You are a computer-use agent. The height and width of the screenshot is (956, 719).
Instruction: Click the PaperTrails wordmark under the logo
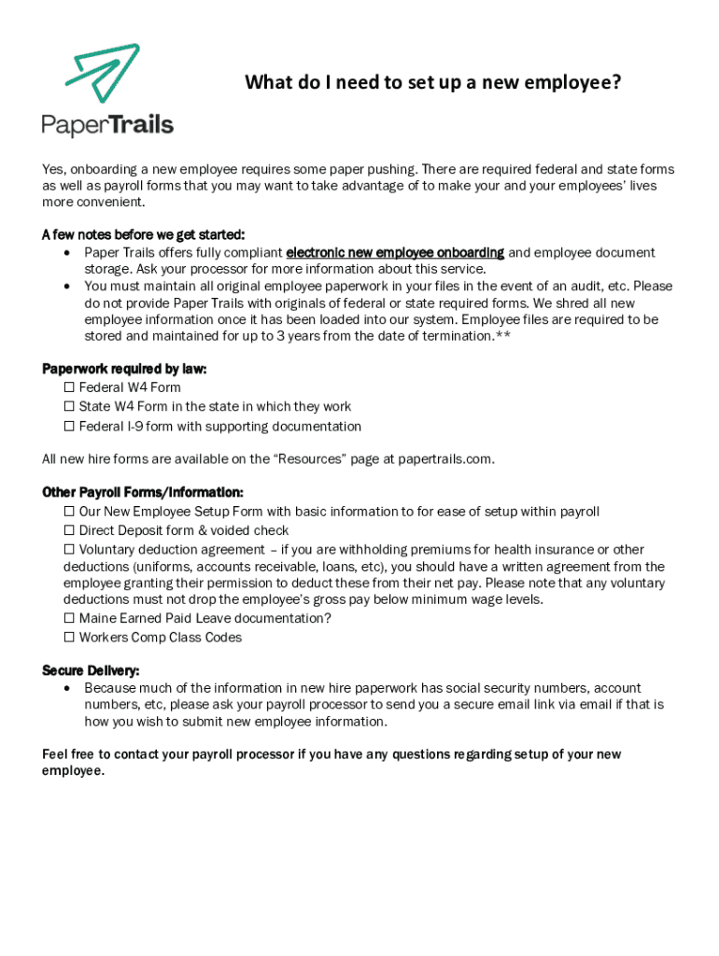(107, 125)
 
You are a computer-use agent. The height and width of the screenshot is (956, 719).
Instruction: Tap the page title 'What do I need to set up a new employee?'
(433, 83)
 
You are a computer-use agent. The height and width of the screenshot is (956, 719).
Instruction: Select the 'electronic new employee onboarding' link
(395, 253)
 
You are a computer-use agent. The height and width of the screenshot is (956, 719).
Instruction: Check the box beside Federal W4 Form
(69, 387)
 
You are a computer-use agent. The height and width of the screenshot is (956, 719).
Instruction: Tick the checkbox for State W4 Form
(69, 407)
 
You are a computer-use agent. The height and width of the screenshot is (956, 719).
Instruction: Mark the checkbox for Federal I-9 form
(69, 427)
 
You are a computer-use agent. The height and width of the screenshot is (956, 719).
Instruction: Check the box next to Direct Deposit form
(69, 530)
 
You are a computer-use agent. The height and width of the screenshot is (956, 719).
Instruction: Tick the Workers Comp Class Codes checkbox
(69, 638)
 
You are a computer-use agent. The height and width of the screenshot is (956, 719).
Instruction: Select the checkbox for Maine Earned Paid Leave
(69, 618)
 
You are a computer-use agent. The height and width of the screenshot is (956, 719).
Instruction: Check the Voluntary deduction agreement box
(69, 550)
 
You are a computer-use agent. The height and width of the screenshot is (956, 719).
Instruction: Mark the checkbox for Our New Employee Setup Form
(69, 512)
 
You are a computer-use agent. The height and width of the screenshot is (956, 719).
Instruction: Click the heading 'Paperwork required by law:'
(124, 369)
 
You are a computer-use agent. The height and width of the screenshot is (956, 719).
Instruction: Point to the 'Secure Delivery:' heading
(92, 670)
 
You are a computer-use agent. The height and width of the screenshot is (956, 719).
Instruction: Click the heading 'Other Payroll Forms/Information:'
(143, 492)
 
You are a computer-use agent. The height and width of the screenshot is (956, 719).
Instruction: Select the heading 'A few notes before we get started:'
(143, 234)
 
